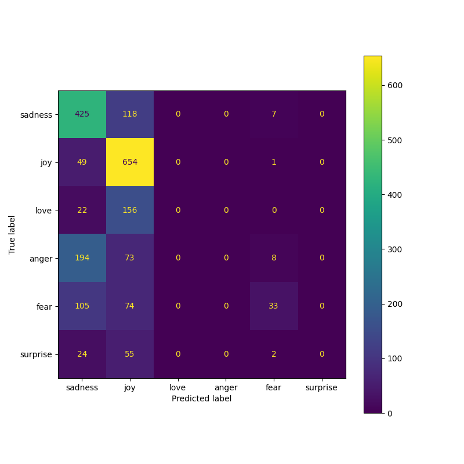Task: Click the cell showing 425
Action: click(x=82, y=114)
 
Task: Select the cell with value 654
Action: click(x=130, y=162)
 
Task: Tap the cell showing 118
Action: click(x=130, y=114)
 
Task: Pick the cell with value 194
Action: click(x=82, y=258)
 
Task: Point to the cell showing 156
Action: click(x=130, y=210)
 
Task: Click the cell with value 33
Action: click(x=274, y=306)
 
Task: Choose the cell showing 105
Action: click(x=82, y=306)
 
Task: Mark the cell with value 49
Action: click(x=82, y=162)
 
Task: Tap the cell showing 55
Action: click(x=130, y=354)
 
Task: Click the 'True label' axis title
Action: click(x=12, y=234)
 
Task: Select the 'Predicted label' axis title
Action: click(x=201, y=399)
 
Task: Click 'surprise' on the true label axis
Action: click(x=37, y=354)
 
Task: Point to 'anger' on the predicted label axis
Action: click(x=226, y=387)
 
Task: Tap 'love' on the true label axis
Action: click(x=43, y=210)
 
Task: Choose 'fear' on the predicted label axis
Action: click(x=274, y=387)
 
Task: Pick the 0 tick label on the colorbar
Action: click(x=390, y=413)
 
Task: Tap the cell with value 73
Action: click(x=130, y=258)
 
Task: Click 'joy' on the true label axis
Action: click(x=46, y=162)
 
